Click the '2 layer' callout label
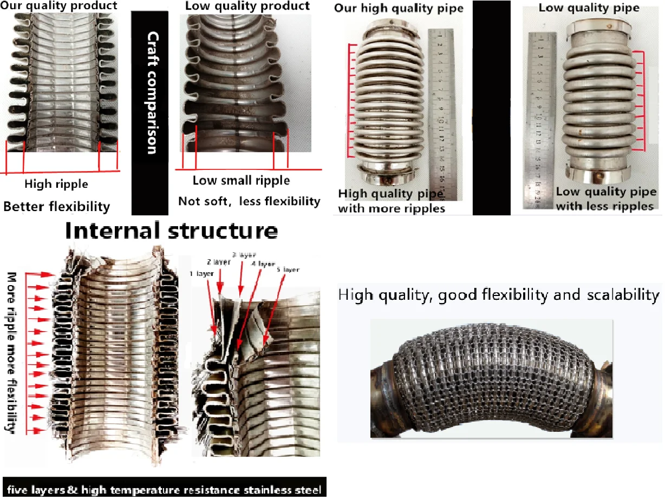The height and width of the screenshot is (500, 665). (x=218, y=261)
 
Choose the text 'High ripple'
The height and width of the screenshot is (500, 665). (x=56, y=184)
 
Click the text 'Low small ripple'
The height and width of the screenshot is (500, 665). (x=241, y=181)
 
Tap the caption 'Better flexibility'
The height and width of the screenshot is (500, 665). (x=57, y=206)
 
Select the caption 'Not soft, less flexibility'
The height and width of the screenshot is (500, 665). (x=249, y=201)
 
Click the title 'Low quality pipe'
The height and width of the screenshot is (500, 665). (x=589, y=8)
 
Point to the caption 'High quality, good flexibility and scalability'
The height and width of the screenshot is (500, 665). (x=499, y=295)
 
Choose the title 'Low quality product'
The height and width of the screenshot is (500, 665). (x=247, y=6)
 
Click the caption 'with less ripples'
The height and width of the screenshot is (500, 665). (x=605, y=206)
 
